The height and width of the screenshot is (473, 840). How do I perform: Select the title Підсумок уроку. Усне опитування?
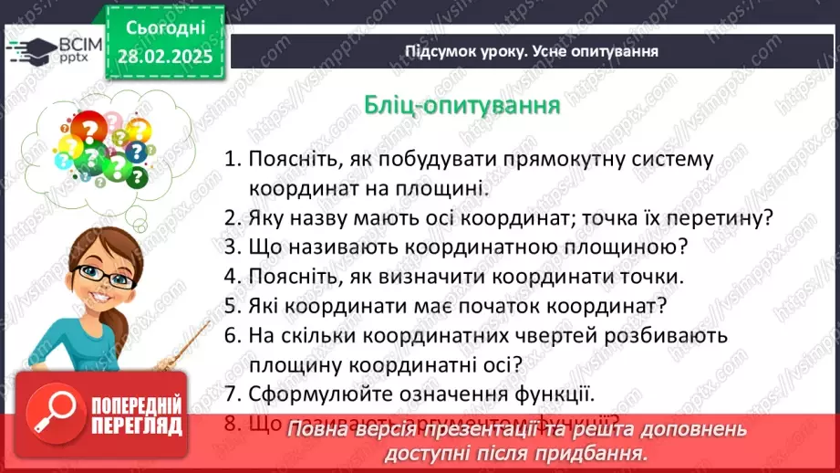click(532, 52)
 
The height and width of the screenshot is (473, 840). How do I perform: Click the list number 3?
click(231, 247)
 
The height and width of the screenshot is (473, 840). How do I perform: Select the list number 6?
click(231, 335)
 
